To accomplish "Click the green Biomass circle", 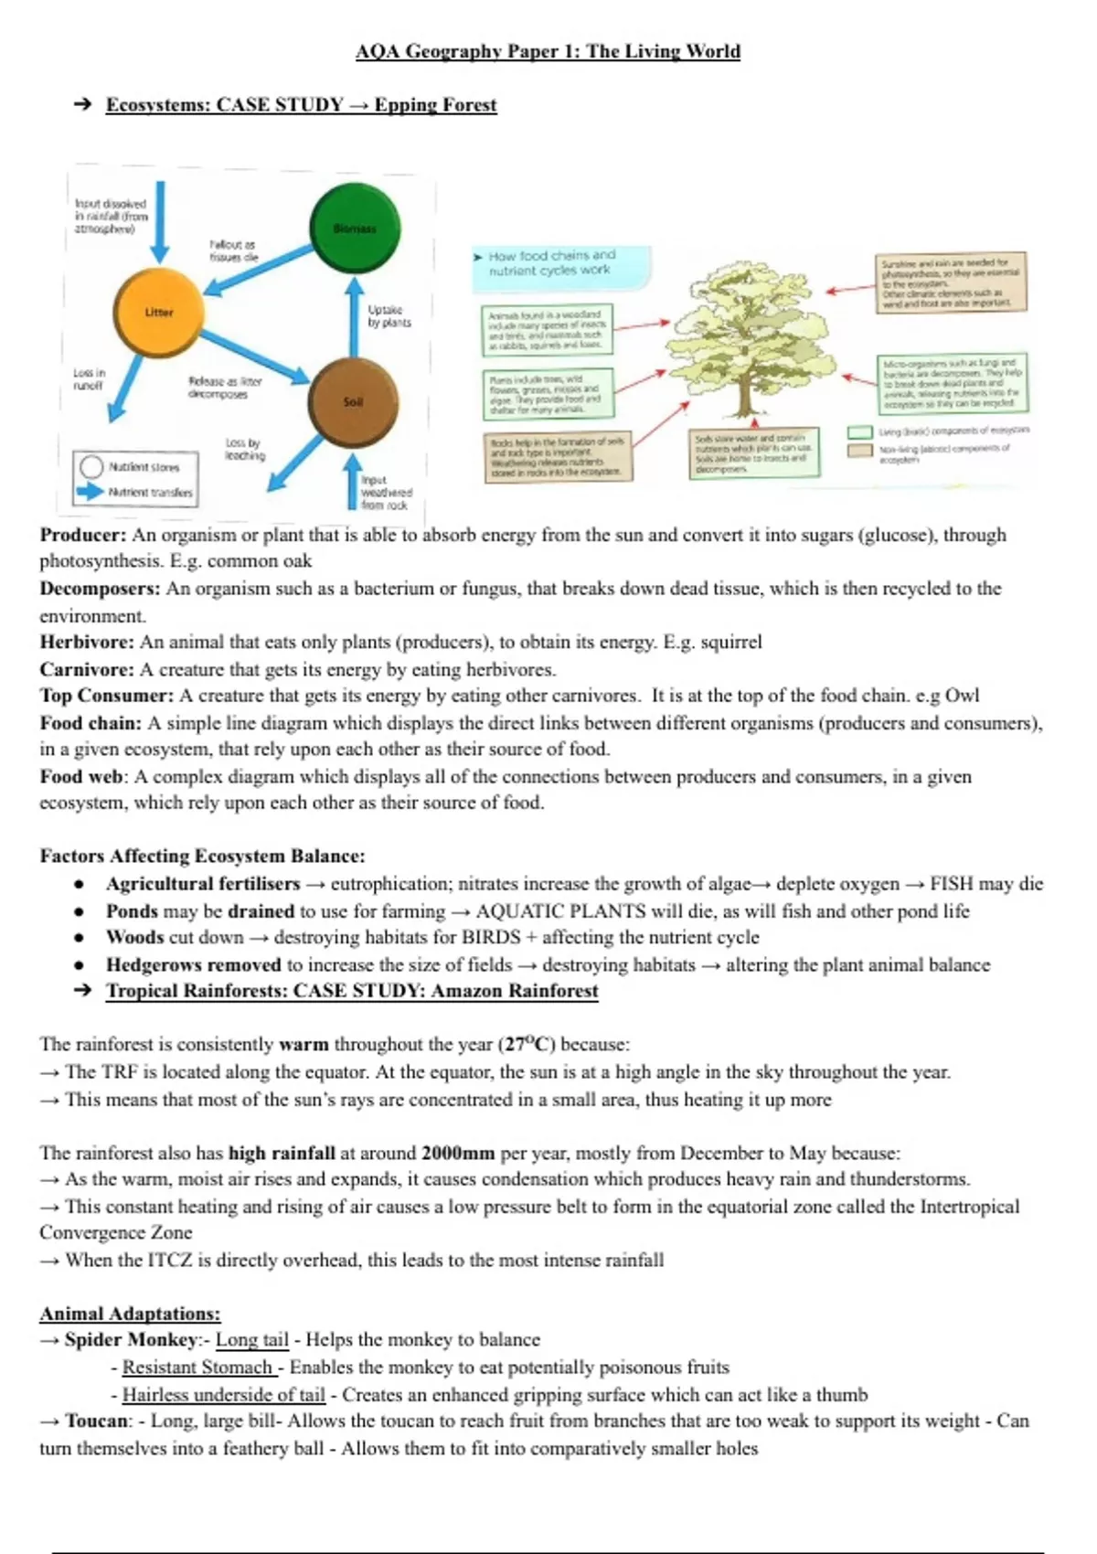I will tap(355, 228).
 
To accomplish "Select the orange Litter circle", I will tap(158, 313).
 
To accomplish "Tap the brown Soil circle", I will tap(353, 401).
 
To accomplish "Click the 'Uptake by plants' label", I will tap(389, 316).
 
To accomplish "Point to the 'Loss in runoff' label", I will tap(89, 379).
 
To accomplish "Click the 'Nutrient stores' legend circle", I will tap(91, 467).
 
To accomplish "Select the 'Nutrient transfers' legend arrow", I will tap(91, 492).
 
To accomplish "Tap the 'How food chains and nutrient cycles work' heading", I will tap(551, 262).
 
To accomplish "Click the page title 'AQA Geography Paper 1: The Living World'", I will tap(548, 51).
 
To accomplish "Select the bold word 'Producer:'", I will tap(82, 535).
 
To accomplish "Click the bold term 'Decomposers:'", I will tap(100, 589).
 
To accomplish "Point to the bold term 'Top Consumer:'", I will tap(106, 696).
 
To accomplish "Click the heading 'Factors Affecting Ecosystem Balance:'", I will tap(202, 857).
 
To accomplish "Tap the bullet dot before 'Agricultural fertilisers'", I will tap(80, 885).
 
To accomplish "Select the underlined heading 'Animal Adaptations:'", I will tap(130, 1314).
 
